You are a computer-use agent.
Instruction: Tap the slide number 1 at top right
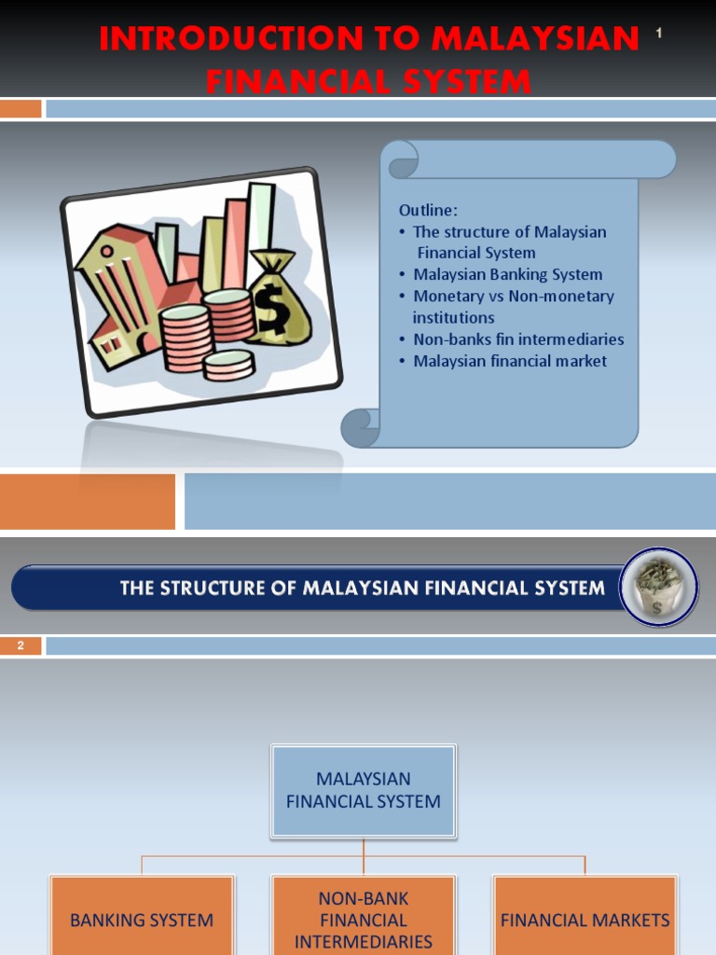coord(658,35)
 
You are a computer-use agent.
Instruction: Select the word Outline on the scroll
coord(428,211)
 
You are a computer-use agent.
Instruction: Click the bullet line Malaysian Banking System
coord(507,274)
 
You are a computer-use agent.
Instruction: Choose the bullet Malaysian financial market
coord(509,361)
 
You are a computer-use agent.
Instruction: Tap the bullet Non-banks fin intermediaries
coord(517,339)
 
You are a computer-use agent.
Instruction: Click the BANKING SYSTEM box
coord(142,920)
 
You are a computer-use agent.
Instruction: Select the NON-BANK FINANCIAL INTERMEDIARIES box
coord(364,919)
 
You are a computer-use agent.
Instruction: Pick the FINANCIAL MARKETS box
coord(585,920)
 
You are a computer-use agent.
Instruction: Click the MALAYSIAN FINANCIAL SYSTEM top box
coord(364,790)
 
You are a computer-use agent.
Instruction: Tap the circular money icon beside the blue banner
coord(658,588)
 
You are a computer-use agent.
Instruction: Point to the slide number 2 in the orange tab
coord(20,645)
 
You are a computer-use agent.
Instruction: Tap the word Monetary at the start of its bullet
coord(447,296)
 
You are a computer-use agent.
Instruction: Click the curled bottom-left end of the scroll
coord(360,428)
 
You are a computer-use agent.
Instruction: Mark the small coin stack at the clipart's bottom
coord(228,365)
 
